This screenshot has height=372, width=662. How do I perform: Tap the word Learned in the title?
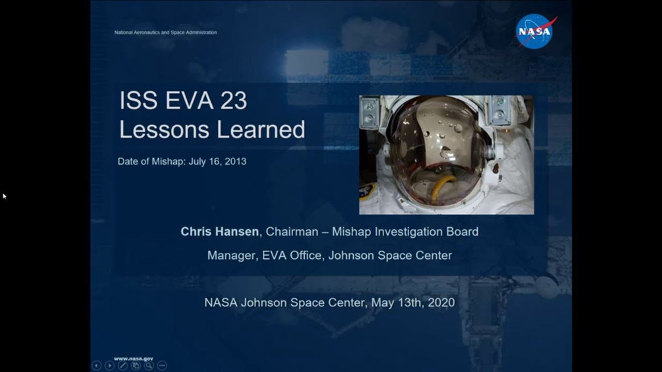(261, 129)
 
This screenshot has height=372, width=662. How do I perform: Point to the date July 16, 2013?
(217, 162)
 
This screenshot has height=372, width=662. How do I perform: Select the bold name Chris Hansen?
(220, 231)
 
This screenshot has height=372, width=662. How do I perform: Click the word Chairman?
(292, 231)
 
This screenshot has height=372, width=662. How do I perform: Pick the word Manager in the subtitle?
(233, 256)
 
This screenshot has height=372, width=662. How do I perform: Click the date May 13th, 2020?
(413, 303)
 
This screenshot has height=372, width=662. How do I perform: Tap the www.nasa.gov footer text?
(133, 359)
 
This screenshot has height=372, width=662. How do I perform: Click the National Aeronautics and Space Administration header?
(165, 33)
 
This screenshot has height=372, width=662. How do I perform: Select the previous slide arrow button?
(96, 365)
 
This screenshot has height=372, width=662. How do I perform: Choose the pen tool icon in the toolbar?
(123, 365)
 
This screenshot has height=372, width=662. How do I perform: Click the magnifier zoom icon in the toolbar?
(149, 365)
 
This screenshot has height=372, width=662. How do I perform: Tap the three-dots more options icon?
(162, 365)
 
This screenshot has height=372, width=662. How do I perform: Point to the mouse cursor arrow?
(5, 196)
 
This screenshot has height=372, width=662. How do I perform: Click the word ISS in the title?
(138, 100)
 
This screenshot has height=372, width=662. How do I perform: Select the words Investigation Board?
(427, 231)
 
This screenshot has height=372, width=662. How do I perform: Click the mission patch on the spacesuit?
(368, 191)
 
